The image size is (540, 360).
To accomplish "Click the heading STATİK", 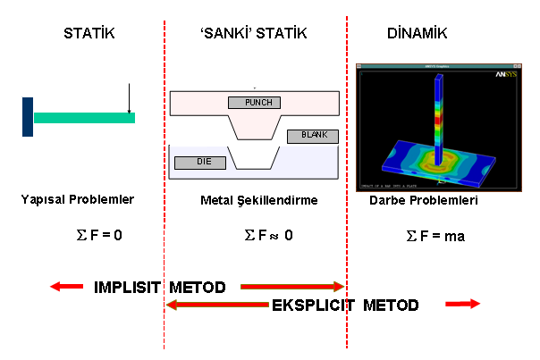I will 89,34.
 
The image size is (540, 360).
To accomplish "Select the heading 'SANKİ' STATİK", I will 254,34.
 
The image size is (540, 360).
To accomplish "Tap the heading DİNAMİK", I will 417,34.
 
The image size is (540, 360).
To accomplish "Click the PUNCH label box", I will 255,102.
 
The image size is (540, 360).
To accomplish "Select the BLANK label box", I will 313,136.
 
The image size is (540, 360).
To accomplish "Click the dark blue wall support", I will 28,116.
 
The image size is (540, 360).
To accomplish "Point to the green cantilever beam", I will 84,117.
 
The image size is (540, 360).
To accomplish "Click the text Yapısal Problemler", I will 77,199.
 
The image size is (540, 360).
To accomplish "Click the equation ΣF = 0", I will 101,236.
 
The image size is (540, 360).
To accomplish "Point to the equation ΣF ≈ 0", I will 268,236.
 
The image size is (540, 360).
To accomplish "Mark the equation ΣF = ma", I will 435,237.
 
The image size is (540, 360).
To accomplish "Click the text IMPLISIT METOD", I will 159,287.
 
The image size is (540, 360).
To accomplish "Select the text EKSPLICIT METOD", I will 345,306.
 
